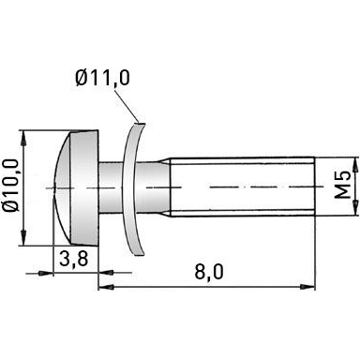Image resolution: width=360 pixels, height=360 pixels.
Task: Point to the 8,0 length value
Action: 208,272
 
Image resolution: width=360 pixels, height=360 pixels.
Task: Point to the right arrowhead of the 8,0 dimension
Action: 306,286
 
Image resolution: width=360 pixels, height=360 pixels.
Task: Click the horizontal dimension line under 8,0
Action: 206,286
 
